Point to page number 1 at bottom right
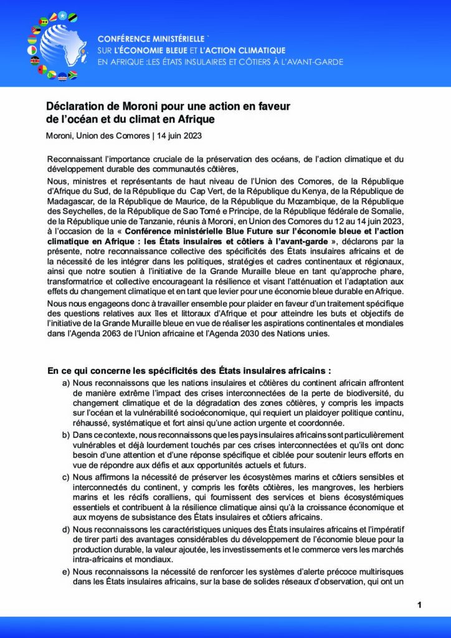pyautogui.click(x=419, y=604)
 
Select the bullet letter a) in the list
pyautogui.click(x=65, y=382)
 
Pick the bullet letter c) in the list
pyautogui.click(x=65, y=477)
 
